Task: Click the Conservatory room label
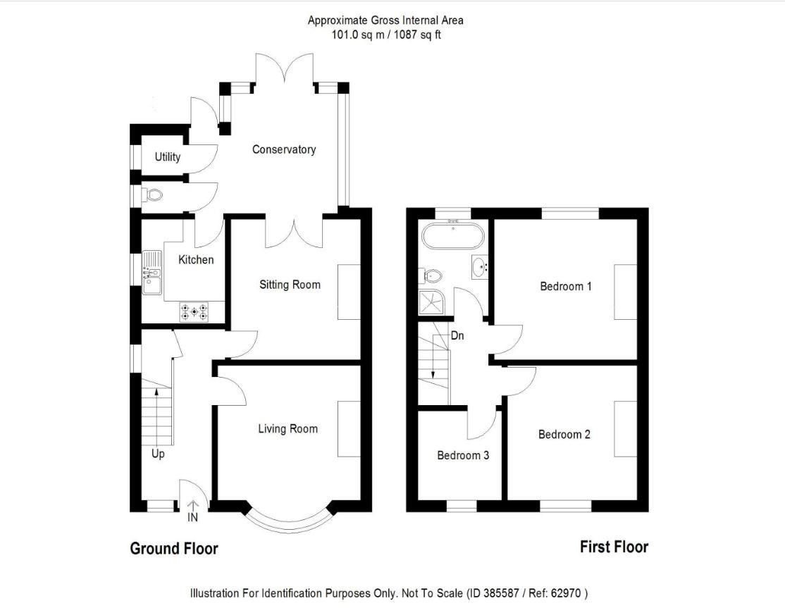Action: coord(284,149)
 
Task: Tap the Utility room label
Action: coord(168,156)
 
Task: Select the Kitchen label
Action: coord(196,260)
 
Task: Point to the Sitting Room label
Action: coord(290,285)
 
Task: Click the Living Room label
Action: coord(288,428)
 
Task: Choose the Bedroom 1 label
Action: coord(566,286)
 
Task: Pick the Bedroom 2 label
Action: coord(564,434)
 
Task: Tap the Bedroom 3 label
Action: coord(463,455)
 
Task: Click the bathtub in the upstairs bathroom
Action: coord(452,235)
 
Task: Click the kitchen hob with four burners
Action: coord(194,311)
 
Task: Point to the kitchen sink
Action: coord(152,273)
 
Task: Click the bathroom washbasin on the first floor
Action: coord(481,267)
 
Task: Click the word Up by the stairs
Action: coord(158,454)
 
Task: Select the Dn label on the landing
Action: coord(457,336)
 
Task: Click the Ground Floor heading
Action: coord(174,548)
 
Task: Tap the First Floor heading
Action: coord(614,547)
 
